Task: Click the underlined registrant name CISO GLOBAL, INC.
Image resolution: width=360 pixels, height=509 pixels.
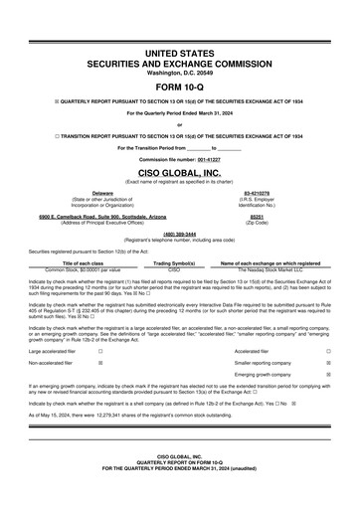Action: [179, 172]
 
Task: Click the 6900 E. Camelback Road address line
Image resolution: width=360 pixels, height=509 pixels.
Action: [102, 215]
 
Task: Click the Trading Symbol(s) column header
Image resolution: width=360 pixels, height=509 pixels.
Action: [174, 262]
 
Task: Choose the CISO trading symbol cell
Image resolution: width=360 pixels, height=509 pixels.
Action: [174, 268]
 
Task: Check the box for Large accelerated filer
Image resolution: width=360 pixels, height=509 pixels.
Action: [100, 351]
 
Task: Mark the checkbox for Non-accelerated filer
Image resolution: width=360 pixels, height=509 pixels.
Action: [100, 364]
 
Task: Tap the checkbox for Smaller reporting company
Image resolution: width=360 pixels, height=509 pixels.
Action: [329, 364]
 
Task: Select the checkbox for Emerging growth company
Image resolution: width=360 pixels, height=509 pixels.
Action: [329, 376]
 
